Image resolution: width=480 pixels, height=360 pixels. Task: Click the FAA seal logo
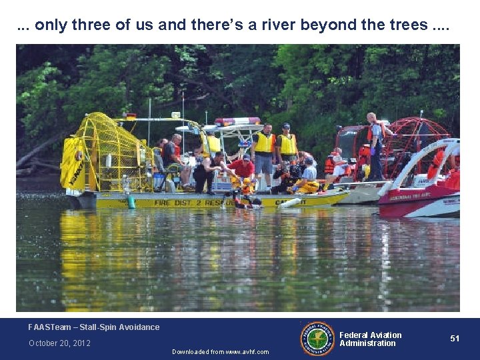coord(317,339)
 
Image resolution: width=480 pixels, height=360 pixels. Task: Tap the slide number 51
coord(455,339)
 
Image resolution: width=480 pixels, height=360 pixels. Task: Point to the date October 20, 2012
coord(59,343)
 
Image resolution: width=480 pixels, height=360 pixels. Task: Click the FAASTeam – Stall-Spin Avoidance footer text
coord(94,327)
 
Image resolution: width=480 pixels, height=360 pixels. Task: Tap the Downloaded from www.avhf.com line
coord(220,352)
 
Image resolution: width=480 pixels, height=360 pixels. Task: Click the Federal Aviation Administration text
coord(371,339)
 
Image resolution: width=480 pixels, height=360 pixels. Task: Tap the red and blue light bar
coord(237,121)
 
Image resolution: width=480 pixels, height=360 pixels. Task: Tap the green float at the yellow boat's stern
coord(131,201)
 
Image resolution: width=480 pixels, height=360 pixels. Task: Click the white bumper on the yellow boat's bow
coord(290,203)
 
